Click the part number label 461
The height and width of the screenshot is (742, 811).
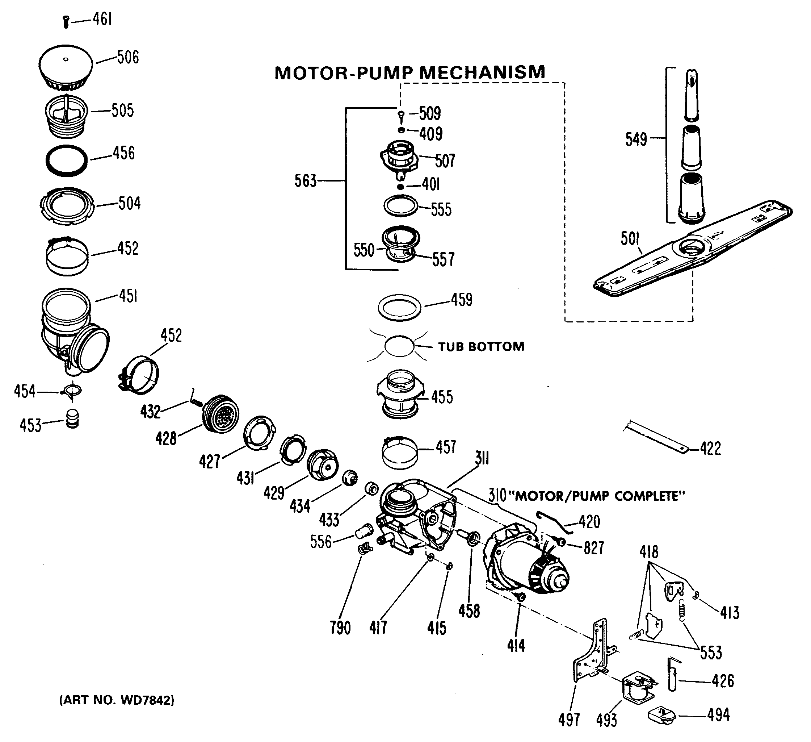[102, 19]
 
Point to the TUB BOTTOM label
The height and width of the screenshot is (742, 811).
[481, 347]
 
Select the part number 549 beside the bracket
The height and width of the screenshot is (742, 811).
[636, 139]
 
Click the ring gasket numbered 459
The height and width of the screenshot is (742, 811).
[399, 308]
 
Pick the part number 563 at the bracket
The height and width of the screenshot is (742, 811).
[305, 181]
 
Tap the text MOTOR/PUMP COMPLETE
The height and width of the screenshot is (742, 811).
[600, 496]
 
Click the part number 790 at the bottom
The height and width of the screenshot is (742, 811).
[340, 628]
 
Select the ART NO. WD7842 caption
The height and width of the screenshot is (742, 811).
[117, 700]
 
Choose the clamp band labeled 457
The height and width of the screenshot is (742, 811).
[399, 453]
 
